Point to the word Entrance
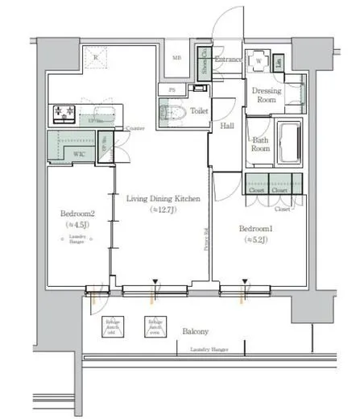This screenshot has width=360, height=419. coord(228,59)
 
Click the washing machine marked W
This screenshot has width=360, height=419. coord(259,62)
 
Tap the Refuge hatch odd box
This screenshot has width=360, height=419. coord(112,326)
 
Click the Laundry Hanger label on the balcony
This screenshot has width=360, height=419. coord(209,350)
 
